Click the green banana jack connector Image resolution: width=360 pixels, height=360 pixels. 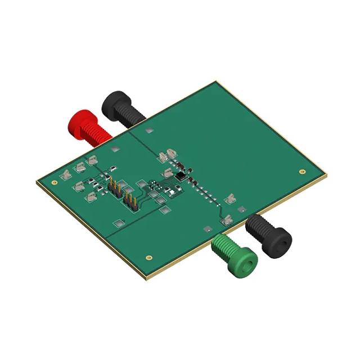click(x=236, y=255)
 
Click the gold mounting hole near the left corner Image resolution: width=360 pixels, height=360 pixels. click(x=54, y=182)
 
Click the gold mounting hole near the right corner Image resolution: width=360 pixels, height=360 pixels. click(x=302, y=171)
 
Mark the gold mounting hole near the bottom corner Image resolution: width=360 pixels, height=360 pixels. click(x=148, y=258)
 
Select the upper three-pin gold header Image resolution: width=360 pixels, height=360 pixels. click(x=115, y=188)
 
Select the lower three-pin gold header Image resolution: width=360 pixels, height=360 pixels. click(x=130, y=201)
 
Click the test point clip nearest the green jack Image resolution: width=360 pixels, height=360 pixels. click(x=227, y=221)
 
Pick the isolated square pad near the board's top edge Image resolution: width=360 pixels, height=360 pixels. click(x=148, y=130)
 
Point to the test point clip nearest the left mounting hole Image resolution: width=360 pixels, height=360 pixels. click(x=66, y=175)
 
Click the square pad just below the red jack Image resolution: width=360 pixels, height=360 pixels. click(x=115, y=149)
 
